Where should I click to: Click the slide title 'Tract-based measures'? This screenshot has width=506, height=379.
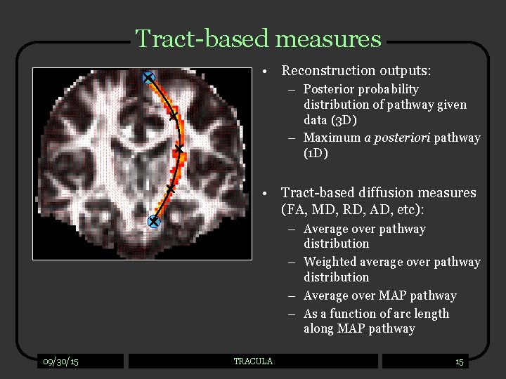258,38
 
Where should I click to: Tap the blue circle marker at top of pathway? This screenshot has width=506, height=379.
148,78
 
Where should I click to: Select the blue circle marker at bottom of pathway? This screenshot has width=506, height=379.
154,222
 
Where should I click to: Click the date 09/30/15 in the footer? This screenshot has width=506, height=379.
60,361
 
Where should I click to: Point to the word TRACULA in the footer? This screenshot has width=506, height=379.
253,361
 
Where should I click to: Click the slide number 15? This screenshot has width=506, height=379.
459,362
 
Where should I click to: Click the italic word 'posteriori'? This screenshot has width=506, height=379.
397,138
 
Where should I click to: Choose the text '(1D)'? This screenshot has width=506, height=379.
316,153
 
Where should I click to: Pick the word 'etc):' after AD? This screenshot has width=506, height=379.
417,209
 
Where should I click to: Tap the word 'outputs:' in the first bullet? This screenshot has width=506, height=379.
406,70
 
